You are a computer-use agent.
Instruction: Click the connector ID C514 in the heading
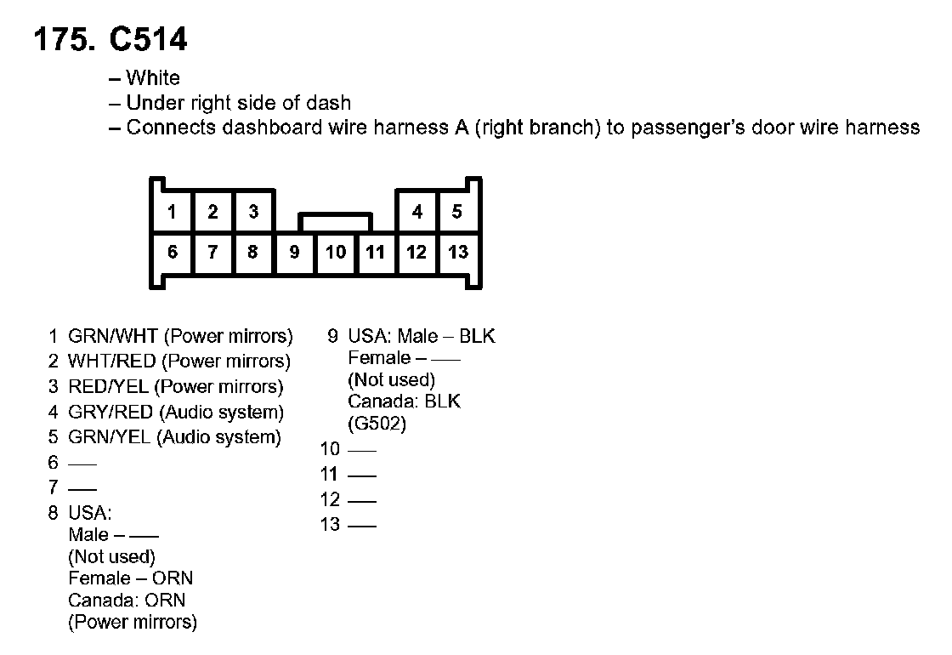(148, 39)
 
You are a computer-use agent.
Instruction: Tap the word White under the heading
(153, 77)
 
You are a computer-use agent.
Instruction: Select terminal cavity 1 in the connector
(172, 212)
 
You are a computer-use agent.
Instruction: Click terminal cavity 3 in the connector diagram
(254, 212)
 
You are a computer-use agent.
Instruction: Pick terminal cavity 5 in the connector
(457, 212)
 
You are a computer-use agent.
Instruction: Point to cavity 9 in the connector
(294, 252)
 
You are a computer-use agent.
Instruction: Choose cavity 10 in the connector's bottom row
(336, 252)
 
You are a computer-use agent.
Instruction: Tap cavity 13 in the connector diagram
(458, 252)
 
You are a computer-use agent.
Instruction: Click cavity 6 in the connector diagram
(172, 252)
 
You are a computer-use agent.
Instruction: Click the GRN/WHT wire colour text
(113, 336)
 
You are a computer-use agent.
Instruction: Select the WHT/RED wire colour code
(111, 361)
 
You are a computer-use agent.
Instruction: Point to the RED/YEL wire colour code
(108, 386)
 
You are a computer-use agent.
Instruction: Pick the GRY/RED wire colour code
(110, 412)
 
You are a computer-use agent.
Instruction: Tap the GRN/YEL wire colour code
(110, 437)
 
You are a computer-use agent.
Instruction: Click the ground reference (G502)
(377, 423)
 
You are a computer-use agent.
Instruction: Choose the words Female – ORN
(131, 578)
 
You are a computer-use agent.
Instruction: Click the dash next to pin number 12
(362, 501)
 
